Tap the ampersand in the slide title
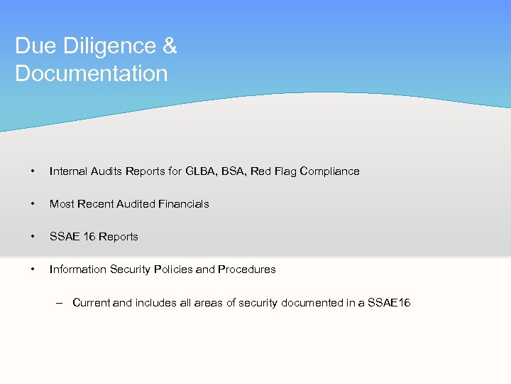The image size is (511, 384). point(170,46)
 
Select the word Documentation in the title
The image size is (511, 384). point(91,73)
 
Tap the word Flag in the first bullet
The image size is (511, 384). point(284,171)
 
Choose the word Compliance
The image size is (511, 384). point(329,171)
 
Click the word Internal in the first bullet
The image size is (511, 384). point(68,171)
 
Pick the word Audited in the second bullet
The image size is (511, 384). point(137,203)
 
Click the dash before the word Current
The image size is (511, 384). point(62,302)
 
